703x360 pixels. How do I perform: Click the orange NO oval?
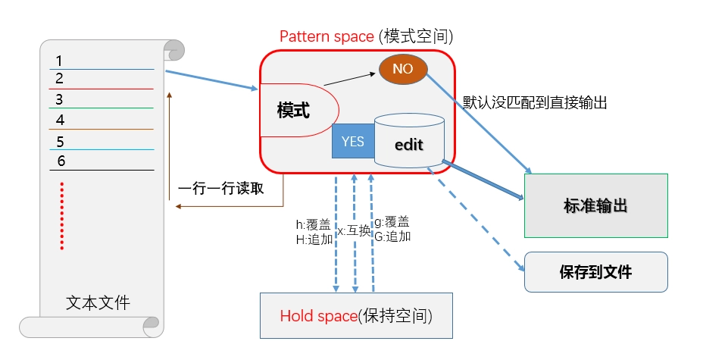403,69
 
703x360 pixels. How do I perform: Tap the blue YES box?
353,141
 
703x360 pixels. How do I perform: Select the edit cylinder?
409,142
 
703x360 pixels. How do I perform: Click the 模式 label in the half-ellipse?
293,110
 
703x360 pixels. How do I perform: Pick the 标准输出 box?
595,206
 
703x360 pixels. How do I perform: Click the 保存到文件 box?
595,272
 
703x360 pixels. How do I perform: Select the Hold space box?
357,315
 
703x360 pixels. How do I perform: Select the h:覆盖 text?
313,224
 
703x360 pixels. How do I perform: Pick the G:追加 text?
392,236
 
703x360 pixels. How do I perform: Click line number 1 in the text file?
60,61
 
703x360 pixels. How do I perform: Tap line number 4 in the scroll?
61,120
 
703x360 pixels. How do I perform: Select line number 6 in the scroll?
61,161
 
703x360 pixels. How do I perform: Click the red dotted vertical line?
61,216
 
